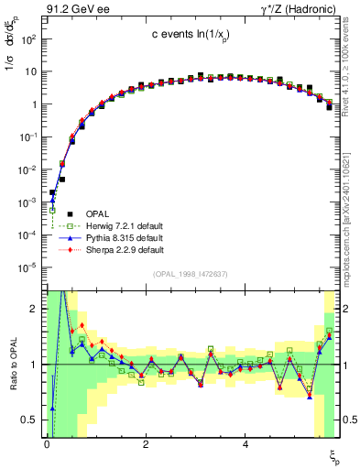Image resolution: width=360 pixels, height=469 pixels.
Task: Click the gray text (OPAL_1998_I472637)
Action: coord(191,272)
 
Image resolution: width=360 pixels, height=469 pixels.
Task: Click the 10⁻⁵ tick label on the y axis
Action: coord(27,267)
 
